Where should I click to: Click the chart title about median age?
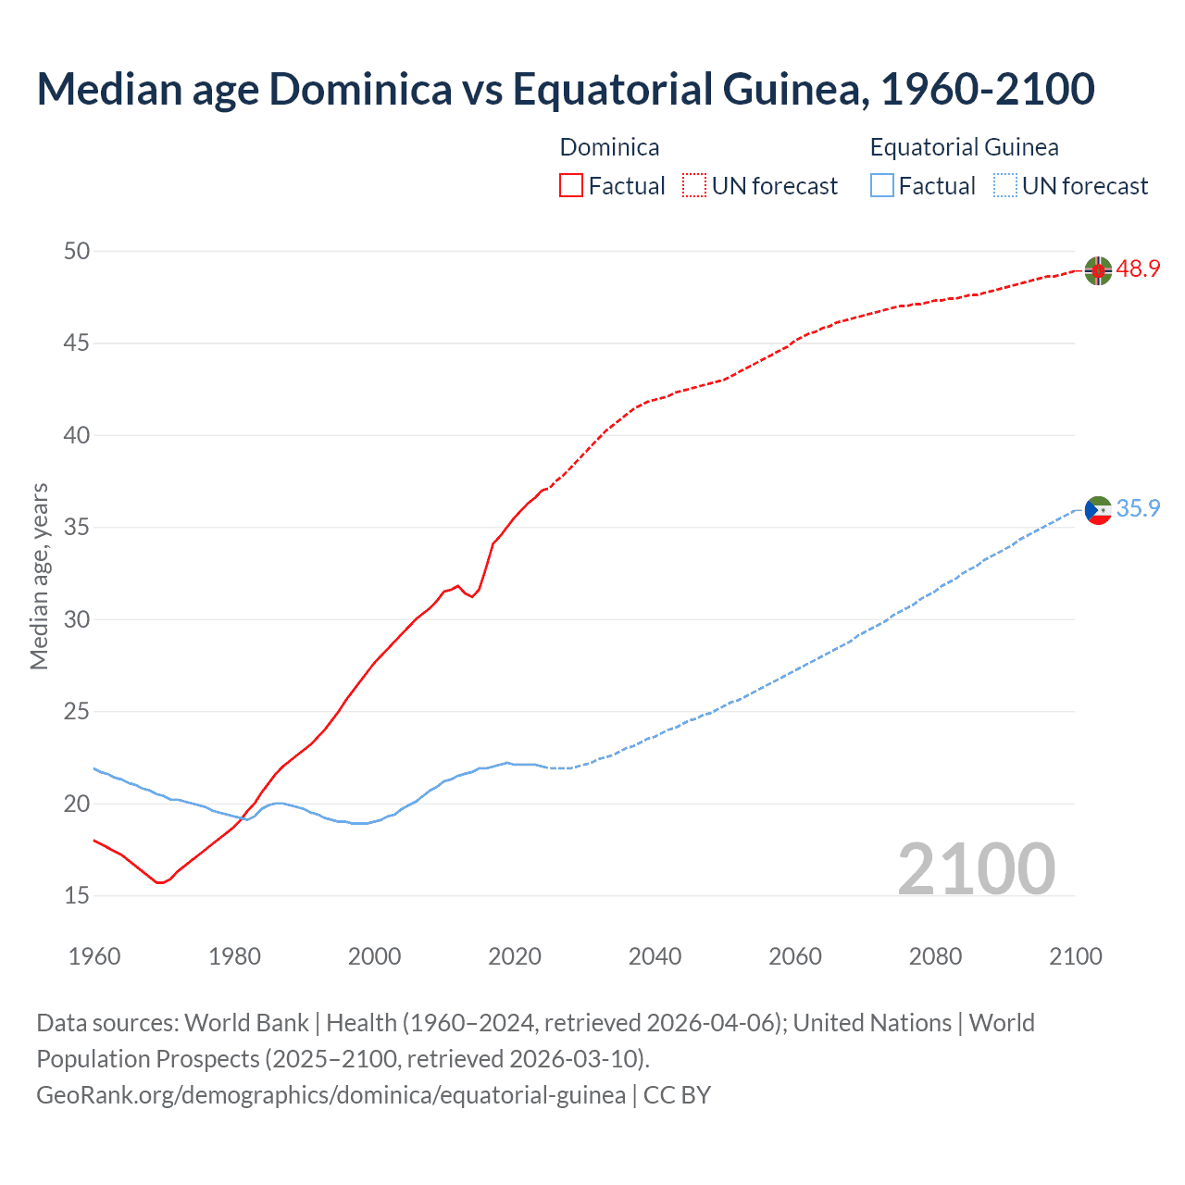click(566, 89)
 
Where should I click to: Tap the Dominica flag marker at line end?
click(1098, 270)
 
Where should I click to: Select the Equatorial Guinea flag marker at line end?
click(1098, 509)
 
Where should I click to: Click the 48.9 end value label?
click(1138, 269)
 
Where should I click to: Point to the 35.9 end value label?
click(1138, 508)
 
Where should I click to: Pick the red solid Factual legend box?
click(571, 186)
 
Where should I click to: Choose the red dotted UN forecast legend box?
click(694, 186)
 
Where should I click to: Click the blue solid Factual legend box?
click(882, 186)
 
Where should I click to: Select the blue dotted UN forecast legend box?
click(1004, 186)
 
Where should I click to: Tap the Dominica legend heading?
click(609, 147)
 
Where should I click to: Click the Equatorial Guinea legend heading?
click(964, 147)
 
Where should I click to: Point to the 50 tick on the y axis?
click(77, 251)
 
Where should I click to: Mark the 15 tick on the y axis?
click(77, 895)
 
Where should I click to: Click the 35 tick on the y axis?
click(77, 528)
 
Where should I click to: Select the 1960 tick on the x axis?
click(94, 956)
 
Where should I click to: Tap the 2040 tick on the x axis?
click(655, 956)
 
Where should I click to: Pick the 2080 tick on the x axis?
click(935, 956)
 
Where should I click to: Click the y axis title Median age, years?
click(39, 576)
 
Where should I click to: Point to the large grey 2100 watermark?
click(976, 868)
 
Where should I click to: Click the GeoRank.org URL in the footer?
click(331, 1095)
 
